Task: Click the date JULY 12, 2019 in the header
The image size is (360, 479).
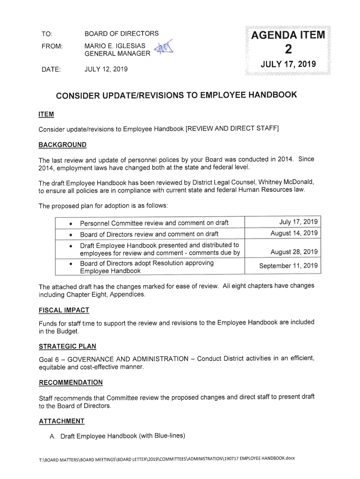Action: point(106,69)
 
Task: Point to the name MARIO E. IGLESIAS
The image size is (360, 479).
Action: point(115,46)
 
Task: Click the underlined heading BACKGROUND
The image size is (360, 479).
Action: point(62,144)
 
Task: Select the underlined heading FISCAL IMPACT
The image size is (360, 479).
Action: point(64,310)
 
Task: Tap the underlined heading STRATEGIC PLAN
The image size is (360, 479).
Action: point(67,346)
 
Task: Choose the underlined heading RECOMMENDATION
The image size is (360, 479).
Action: point(70,382)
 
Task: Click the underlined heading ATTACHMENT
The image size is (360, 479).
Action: point(61,421)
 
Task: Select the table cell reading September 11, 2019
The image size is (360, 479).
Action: point(289,266)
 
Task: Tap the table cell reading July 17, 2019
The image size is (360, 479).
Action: point(299,222)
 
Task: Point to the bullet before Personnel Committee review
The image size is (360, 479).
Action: point(70,223)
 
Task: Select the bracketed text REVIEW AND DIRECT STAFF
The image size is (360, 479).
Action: point(232,129)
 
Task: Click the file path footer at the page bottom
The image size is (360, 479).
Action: point(167,457)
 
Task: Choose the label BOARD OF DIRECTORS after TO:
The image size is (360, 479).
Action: point(121,34)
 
